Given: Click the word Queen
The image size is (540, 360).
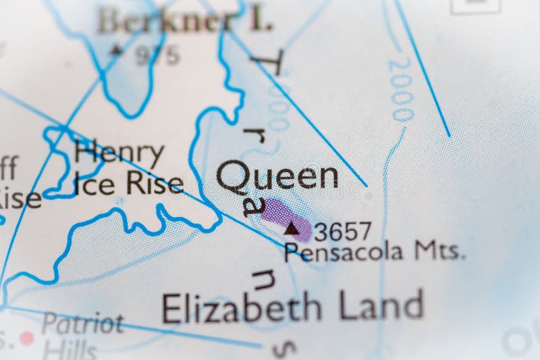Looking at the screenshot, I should [277, 176].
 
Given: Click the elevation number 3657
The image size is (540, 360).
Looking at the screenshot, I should [343, 232].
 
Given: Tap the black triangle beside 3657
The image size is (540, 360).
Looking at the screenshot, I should [292, 229].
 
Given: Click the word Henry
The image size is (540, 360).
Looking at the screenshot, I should [119, 154].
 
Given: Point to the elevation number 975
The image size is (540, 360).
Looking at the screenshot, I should [157, 57].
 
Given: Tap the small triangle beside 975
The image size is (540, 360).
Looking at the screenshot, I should [117, 49].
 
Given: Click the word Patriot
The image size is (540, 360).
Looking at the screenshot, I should [82, 323].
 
